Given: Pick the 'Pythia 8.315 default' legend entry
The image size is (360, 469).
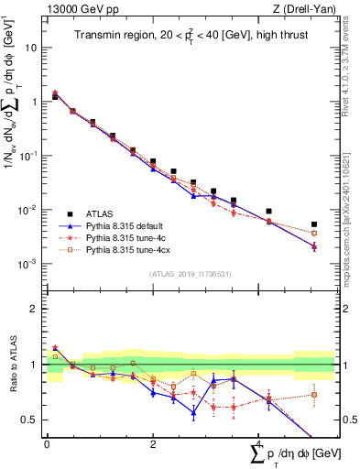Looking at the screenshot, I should click(x=129, y=224).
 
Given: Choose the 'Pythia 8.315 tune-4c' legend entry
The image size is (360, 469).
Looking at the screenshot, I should click(x=129, y=236).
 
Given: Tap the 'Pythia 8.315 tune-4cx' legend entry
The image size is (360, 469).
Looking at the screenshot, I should click(x=132, y=248).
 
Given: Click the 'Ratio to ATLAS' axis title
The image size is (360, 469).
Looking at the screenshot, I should click(x=14, y=365).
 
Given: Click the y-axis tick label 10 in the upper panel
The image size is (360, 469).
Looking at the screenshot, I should click(x=32, y=47).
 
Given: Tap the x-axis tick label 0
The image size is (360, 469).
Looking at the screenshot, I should click(x=47, y=444).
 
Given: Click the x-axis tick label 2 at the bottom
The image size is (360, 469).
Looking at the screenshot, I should click(x=153, y=444).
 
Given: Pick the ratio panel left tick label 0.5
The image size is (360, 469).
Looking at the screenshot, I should click(x=30, y=420).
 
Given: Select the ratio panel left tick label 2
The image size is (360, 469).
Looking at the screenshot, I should click(x=35, y=309).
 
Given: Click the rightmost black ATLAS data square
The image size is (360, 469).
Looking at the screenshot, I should click(x=314, y=224).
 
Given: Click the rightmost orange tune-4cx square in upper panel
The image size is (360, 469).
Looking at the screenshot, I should click(x=314, y=233).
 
